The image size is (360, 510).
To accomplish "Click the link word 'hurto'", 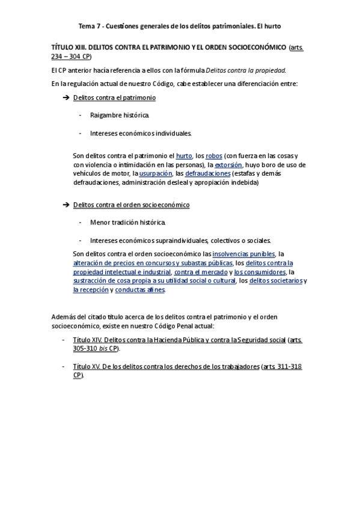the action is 184,156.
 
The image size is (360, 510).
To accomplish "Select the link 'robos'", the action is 214,156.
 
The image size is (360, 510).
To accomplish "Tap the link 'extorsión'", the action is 228,165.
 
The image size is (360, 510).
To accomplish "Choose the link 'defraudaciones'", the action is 207,174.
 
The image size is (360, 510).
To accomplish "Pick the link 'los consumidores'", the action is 260,272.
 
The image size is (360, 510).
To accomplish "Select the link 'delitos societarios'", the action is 275,281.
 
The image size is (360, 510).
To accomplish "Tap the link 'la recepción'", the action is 90,290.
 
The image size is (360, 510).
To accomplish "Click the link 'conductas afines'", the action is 139,290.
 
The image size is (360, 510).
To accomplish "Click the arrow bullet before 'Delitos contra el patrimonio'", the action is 66,97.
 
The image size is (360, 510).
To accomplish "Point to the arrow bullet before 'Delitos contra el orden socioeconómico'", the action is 66,205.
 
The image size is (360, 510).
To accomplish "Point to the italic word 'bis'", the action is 103,349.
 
